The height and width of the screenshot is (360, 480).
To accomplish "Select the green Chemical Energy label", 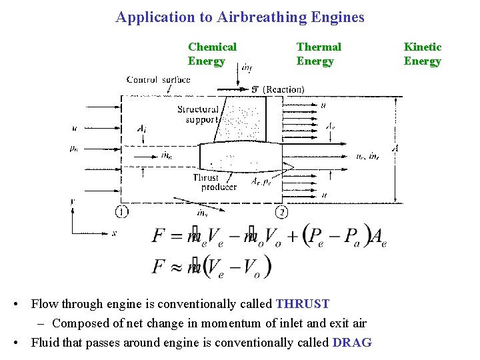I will [x=212, y=54].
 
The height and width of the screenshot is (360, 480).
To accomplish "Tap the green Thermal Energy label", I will [x=318, y=54].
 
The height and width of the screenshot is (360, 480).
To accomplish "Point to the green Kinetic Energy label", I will [x=422, y=54].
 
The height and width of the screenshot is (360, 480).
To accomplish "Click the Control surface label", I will [x=158, y=79].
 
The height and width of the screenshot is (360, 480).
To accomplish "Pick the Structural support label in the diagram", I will [x=197, y=115].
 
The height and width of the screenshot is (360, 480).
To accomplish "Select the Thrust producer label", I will [x=214, y=183].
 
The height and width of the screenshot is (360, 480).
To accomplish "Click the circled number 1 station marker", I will [x=121, y=212].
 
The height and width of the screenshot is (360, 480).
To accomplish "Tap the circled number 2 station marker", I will [x=281, y=212].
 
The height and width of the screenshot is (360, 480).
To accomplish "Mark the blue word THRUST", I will [x=302, y=304].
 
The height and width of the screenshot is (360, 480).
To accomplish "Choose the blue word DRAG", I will [x=351, y=343].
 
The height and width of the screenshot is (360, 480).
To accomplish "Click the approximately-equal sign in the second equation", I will [x=176, y=267].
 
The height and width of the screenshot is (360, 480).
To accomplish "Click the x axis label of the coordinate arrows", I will [x=114, y=233].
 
